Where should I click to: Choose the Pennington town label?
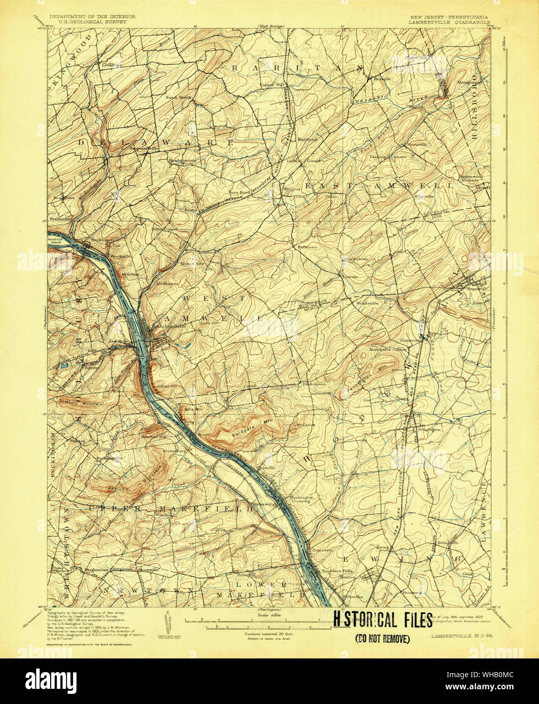[x=429, y=429]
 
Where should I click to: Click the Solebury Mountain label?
[x=83, y=404]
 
